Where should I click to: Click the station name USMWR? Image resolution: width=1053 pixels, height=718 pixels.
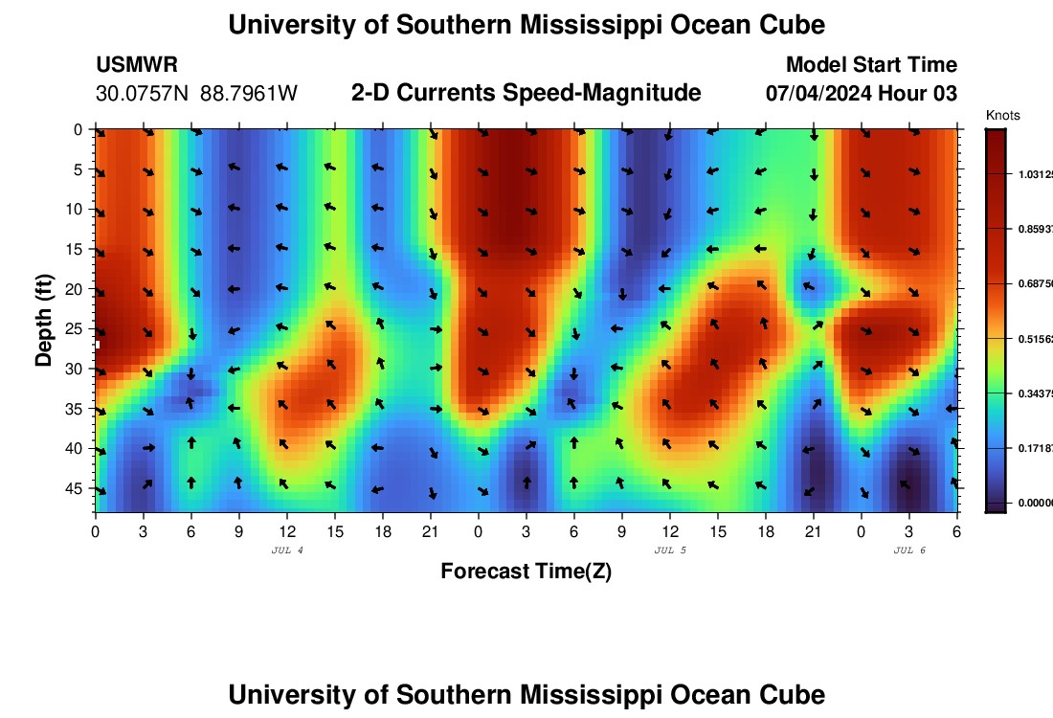pyautogui.click(x=137, y=65)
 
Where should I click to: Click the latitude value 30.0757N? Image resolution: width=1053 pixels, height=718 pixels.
pyautogui.click(x=143, y=94)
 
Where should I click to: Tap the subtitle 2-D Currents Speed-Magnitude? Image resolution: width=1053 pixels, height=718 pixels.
pyautogui.click(x=526, y=93)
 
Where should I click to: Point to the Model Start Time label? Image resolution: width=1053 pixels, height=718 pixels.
pyautogui.click(x=871, y=65)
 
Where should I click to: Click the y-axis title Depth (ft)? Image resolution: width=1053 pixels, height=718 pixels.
pyautogui.click(x=44, y=315)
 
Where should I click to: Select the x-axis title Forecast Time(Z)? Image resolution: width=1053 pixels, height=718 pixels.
pyautogui.click(x=526, y=572)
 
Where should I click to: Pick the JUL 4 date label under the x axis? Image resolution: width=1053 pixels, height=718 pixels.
pyautogui.click(x=287, y=550)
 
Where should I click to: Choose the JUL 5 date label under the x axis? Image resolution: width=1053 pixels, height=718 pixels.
pyautogui.click(x=670, y=550)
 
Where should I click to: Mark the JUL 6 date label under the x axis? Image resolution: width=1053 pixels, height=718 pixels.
pyautogui.click(x=909, y=550)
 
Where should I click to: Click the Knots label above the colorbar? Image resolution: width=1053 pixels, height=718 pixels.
pyautogui.click(x=1002, y=116)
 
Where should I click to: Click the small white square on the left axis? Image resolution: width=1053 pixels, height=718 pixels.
pyautogui.click(x=97, y=344)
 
